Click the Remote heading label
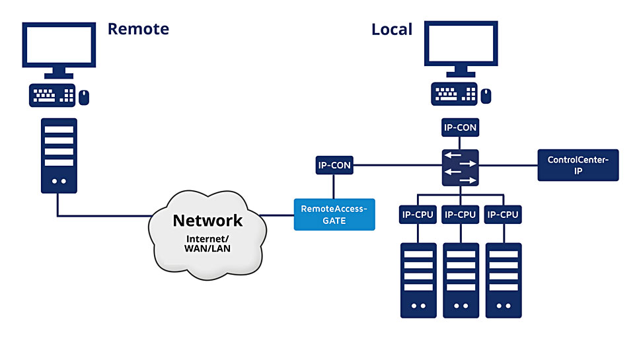click(x=138, y=29)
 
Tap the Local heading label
click(x=392, y=30)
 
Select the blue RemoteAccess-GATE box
click(x=334, y=215)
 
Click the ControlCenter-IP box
click(x=578, y=165)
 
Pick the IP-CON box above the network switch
click(x=461, y=127)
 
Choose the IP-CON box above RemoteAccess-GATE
click(x=334, y=165)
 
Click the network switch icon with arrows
click(x=461, y=168)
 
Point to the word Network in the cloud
click(x=207, y=221)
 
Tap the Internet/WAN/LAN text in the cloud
click(x=207, y=244)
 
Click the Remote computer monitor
click(x=59, y=50)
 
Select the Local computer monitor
click(x=461, y=49)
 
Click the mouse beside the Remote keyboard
click(x=84, y=97)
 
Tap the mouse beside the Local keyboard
click(x=486, y=96)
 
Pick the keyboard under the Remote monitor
click(x=52, y=95)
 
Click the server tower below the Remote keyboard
click(x=59, y=156)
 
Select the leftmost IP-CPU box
click(x=418, y=215)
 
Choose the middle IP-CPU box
click(x=461, y=215)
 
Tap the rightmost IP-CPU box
click(x=503, y=215)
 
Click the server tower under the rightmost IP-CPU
click(x=504, y=280)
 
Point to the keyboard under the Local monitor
click(x=454, y=94)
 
